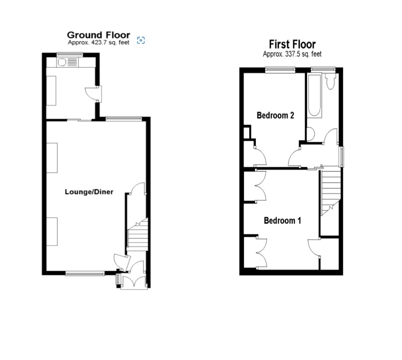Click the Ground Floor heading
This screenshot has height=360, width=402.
98,35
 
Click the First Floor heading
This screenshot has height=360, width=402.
292,44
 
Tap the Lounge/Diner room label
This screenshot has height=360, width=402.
89,192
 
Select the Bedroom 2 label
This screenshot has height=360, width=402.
275,115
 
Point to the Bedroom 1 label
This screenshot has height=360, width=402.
282,221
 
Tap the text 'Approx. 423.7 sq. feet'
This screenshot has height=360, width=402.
98,42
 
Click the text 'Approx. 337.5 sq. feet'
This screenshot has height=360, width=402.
292,54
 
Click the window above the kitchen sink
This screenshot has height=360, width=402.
70,54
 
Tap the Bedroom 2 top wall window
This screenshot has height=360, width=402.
280,69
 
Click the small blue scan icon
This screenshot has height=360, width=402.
141,40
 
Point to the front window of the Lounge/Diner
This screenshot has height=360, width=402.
85,273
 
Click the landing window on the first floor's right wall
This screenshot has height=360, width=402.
342,157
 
